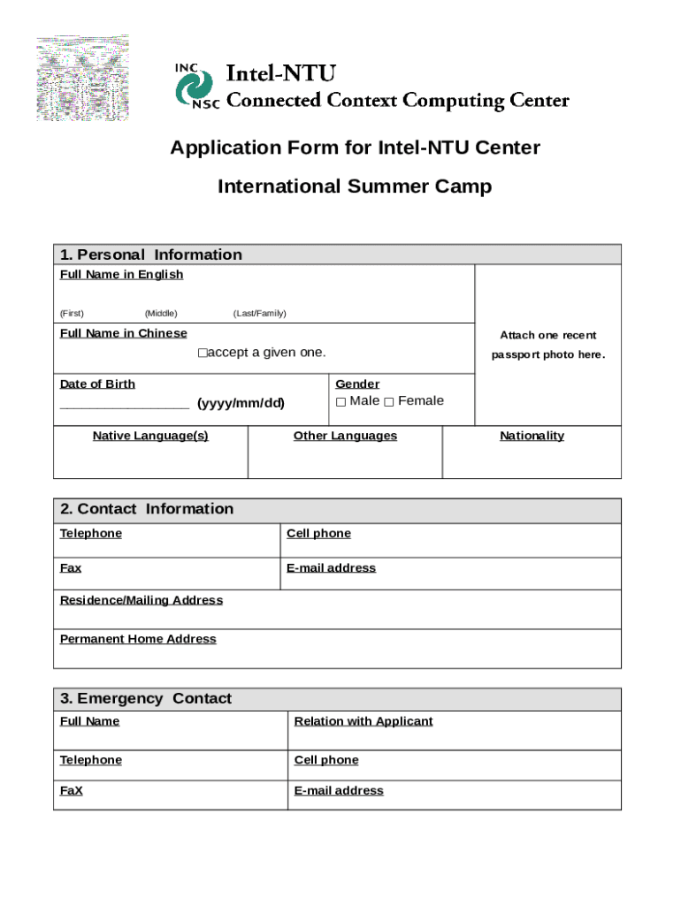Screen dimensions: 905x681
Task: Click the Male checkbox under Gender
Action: tap(340, 403)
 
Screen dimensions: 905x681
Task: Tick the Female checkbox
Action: tap(388, 403)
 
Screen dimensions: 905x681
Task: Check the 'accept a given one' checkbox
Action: tap(202, 354)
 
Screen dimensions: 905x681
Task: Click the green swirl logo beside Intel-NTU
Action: tap(193, 87)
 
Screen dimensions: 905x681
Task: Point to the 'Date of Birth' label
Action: tap(97, 384)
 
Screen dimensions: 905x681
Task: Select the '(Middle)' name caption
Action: tap(161, 314)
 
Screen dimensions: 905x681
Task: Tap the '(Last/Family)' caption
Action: tap(259, 314)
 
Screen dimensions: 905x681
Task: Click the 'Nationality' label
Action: tap(532, 436)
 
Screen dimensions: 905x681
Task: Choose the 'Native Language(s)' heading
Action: tap(150, 436)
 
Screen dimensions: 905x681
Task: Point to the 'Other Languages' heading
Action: tap(345, 436)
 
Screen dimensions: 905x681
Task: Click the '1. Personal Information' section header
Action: tap(150, 255)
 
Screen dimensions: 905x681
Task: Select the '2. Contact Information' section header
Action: tap(147, 509)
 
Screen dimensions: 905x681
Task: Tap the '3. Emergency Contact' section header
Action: tap(146, 699)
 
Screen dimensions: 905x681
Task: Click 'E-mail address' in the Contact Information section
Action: tap(331, 568)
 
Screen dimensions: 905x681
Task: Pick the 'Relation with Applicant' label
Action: tap(363, 721)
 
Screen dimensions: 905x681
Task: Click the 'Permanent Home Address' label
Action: tap(137, 639)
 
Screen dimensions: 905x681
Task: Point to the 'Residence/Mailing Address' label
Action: tap(141, 600)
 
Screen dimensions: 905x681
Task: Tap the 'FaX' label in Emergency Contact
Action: tap(71, 791)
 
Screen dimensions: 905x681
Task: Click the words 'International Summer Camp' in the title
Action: tap(355, 186)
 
